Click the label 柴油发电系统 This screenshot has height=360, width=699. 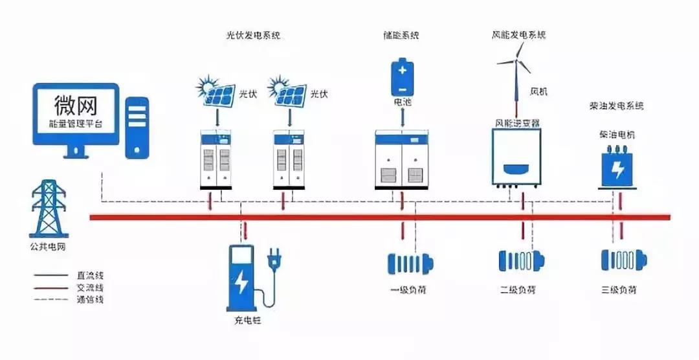(x=617, y=105)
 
